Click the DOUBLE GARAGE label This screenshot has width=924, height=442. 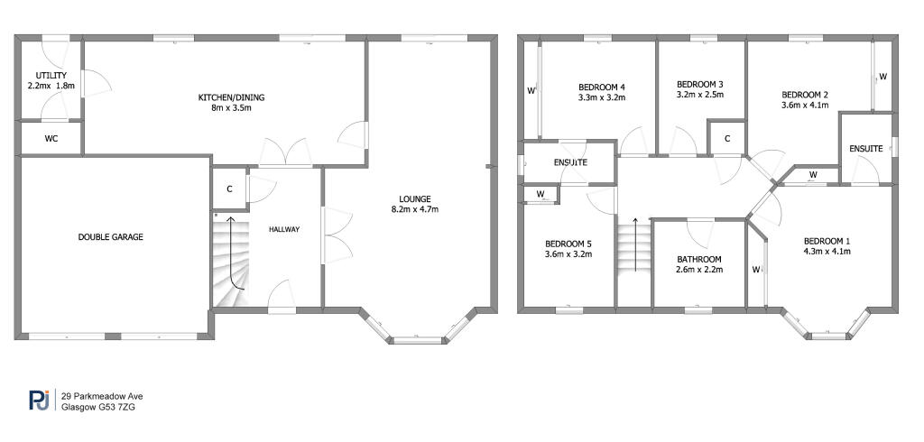click(x=111, y=237)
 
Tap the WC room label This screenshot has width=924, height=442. click(x=51, y=139)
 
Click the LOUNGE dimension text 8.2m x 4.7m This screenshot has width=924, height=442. click(x=416, y=209)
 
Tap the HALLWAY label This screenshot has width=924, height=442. click(x=284, y=229)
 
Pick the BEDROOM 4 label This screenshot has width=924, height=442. click(x=602, y=87)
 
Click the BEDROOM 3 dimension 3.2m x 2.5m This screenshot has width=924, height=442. click(x=700, y=94)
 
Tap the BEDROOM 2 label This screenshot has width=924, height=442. click(x=805, y=94)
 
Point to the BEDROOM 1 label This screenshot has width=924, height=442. click(x=827, y=241)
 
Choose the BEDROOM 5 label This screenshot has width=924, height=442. click(x=568, y=244)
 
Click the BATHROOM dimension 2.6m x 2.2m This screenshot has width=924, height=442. click(x=700, y=269)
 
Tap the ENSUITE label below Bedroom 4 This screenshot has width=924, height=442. click(x=570, y=163)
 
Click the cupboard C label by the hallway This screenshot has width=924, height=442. click(x=230, y=189)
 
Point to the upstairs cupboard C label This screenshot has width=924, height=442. click(x=727, y=138)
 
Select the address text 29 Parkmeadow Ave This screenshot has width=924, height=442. click(x=102, y=395)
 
